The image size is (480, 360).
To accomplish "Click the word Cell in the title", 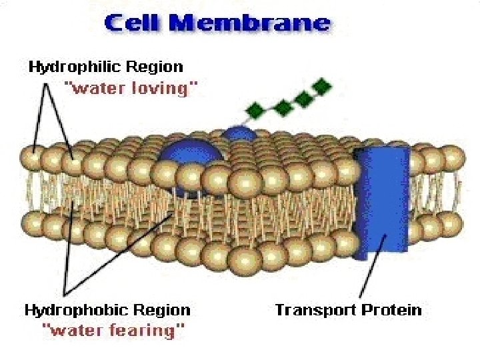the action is tap(135, 24).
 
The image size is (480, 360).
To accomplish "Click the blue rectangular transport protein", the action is tap(382, 200).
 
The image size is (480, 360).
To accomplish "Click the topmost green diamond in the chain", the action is tap(323, 86).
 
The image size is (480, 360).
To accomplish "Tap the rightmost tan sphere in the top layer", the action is tap(453, 157).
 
